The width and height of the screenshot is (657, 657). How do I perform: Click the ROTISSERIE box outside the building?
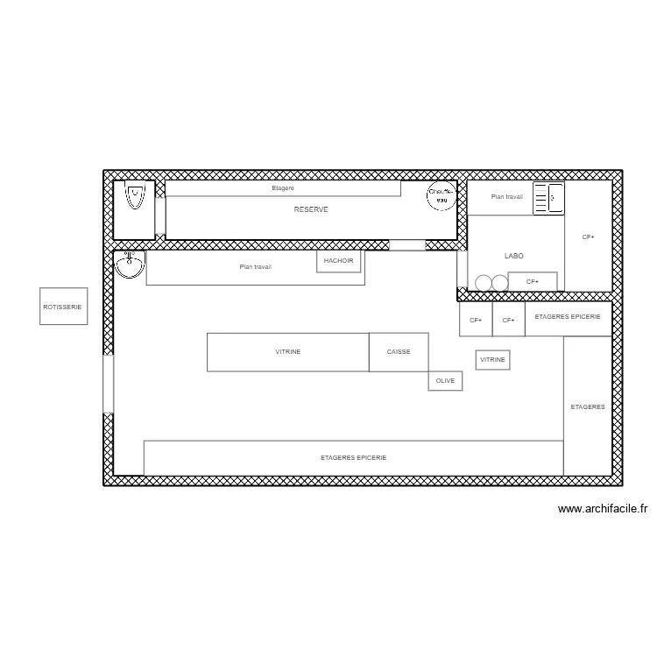click(63, 307)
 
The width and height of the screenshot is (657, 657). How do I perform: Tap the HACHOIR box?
click(338, 261)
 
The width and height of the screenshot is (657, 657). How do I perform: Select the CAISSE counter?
click(399, 351)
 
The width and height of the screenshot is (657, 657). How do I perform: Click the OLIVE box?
click(445, 381)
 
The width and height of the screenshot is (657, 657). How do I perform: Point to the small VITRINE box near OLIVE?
click(492, 360)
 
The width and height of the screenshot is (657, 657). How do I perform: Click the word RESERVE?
click(311, 210)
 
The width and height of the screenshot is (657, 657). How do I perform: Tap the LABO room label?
click(514, 256)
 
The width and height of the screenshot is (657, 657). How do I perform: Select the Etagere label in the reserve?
click(283, 188)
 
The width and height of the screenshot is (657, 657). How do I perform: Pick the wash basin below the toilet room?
click(131, 263)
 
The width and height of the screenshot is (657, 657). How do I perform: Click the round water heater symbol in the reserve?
click(442, 195)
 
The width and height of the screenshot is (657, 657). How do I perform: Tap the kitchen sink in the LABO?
click(549, 198)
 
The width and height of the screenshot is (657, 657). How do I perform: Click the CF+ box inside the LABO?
click(533, 281)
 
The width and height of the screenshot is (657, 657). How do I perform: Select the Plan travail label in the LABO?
click(507, 197)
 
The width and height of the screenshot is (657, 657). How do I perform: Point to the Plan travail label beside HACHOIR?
click(256, 267)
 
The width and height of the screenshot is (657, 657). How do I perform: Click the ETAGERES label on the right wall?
click(588, 407)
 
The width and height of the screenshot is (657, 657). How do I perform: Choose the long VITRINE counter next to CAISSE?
click(288, 351)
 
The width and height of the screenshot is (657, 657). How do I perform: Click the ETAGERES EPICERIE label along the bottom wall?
click(353, 458)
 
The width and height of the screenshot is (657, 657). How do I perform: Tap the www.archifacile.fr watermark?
click(602, 508)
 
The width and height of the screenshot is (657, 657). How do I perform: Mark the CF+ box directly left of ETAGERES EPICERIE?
click(508, 321)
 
